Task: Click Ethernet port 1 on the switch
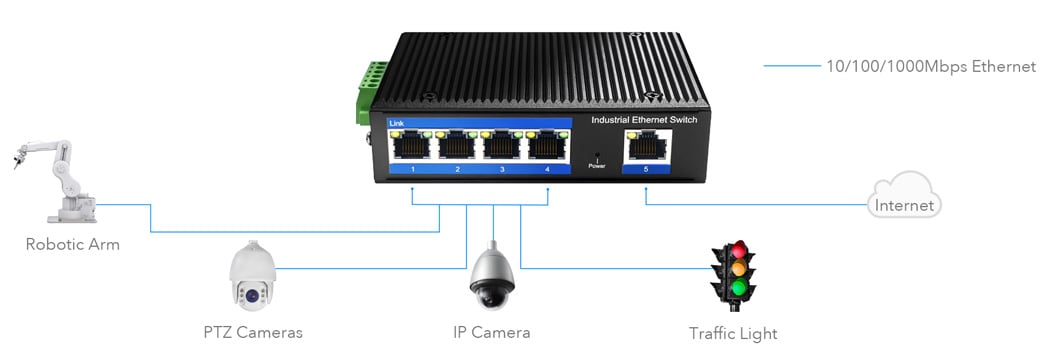[412, 147]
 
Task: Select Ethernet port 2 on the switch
[457, 147]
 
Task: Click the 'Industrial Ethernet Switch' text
[644, 120]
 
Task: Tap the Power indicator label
[597, 166]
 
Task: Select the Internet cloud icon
[904, 196]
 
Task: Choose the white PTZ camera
[250, 275]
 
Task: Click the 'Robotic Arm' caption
[72, 244]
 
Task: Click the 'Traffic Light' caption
[733, 333]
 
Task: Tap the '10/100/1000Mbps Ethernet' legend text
[930, 66]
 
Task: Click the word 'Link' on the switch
[397, 123]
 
